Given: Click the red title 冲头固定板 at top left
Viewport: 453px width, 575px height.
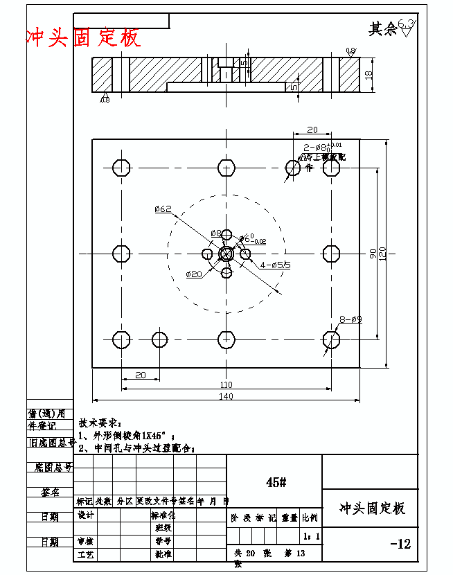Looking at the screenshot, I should (83, 37).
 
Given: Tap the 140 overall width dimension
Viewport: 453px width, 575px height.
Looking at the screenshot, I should (226, 396).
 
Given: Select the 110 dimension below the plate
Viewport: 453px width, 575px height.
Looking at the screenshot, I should (226, 384).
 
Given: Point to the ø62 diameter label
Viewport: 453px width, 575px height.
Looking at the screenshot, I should (163, 209).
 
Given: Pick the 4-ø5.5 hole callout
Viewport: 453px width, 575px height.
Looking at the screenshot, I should (275, 265).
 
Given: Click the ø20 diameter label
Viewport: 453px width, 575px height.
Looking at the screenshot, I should (194, 274).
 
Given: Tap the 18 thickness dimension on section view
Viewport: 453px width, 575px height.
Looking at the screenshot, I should (368, 74).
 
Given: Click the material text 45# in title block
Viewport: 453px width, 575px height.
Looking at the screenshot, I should (275, 482).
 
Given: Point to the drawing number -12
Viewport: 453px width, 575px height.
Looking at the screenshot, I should (400, 545).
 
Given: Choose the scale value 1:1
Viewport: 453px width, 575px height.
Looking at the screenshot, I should (311, 536).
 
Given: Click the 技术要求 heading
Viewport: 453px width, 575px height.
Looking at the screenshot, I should (100, 422).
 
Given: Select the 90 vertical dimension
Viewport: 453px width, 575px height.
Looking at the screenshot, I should (373, 254).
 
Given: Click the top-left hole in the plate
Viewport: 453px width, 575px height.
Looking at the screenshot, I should (121, 168).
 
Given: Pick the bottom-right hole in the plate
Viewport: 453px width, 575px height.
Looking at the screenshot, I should (331, 339).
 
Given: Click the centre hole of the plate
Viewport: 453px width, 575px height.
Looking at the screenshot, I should (226, 254).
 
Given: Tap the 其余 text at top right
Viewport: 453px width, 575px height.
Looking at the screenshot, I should (382, 29).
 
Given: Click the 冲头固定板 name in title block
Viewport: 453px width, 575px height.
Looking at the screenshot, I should (372, 508).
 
